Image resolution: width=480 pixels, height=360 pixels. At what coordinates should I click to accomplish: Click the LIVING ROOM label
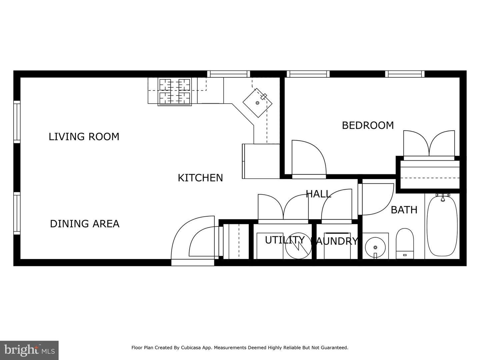(x=84, y=137)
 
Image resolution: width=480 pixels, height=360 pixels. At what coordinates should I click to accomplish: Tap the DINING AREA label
(x=85, y=224)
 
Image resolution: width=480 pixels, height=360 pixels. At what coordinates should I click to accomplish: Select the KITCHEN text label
(x=200, y=178)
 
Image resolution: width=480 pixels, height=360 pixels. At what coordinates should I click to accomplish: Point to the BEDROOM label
(x=368, y=125)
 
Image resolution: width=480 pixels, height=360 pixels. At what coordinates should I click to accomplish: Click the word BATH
(x=404, y=210)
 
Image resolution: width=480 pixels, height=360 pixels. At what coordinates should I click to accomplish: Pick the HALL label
(x=318, y=194)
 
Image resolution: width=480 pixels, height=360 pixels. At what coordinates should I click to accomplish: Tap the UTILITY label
(x=285, y=240)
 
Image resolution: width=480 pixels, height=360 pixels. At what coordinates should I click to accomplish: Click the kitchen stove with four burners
(x=175, y=92)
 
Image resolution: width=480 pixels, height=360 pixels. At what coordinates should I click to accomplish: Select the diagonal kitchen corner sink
(x=258, y=103)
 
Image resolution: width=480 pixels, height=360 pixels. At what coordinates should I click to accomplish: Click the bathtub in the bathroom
(x=442, y=226)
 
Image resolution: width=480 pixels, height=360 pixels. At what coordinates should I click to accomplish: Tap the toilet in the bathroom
(x=405, y=243)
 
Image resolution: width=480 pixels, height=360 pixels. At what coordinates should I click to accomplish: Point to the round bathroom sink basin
(x=375, y=247)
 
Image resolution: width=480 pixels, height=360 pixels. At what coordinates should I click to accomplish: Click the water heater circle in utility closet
(x=298, y=246)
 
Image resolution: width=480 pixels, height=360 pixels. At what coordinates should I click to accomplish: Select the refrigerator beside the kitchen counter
(x=261, y=161)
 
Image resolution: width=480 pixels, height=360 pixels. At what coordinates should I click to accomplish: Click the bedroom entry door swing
(x=309, y=157)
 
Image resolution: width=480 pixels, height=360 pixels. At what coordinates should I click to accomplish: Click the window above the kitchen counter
(x=229, y=74)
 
